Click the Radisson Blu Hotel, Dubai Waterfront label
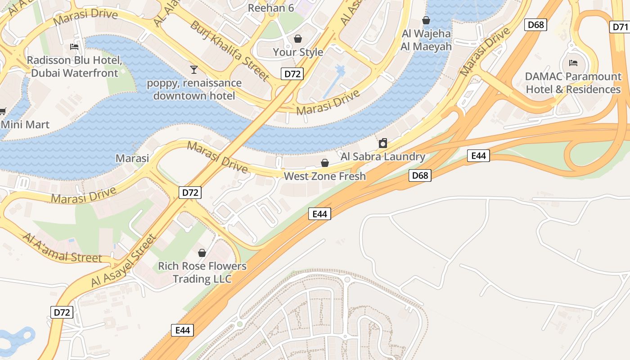[74, 67]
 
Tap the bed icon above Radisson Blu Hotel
[74, 46]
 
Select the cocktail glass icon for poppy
[194, 69]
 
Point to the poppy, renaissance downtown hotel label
[194, 90]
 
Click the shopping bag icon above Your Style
[297, 39]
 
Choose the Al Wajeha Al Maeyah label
[426, 40]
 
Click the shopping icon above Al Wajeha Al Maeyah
[426, 20]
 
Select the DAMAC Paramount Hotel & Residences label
[573, 83]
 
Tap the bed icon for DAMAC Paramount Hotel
[573, 63]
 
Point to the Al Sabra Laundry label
[383, 157]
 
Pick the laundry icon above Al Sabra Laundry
[383, 144]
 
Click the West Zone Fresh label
[324, 176]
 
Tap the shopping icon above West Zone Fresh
[324, 163]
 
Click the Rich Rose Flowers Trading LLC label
[202, 272]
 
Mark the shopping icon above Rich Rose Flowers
[202, 253]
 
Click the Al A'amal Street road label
[63, 248]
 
